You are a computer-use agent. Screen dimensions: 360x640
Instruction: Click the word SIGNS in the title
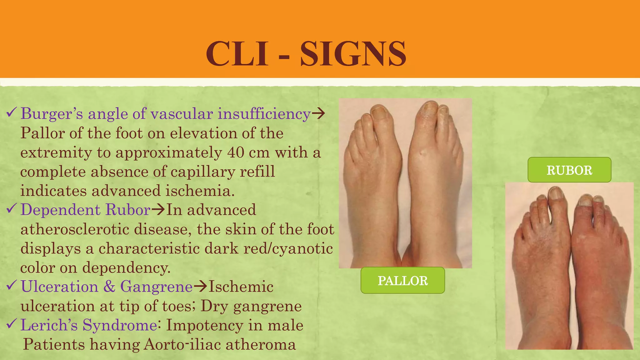click(353, 54)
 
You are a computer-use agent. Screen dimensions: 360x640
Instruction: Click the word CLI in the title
click(237, 54)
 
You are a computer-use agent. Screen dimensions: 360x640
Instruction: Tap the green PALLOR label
click(402, 281)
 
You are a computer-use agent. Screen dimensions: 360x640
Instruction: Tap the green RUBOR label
click(569, 170)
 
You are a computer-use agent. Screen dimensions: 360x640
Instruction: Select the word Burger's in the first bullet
click(52, 113)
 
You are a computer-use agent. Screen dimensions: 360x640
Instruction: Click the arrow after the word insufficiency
click(318, 113)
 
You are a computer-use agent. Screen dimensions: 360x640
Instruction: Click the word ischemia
click(200, 191)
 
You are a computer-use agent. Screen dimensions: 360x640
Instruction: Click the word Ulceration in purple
click(59, 287)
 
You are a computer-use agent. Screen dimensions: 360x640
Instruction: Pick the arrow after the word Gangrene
click(200, 287)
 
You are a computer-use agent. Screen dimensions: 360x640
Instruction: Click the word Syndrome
click(120, 325)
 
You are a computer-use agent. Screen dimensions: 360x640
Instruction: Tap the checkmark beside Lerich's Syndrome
click(12, 324)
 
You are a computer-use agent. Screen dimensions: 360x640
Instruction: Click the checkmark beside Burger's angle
click(12, 112)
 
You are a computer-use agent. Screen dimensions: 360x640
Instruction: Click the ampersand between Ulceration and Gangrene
click(109, 287)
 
